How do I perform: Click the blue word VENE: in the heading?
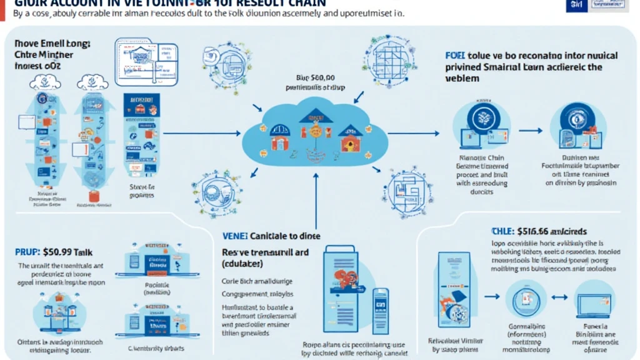pos(236,236)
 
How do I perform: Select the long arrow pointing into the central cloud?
pos(200,132)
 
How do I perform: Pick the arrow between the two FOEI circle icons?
pos(530,131)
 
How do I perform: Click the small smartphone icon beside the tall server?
pos(379,306)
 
